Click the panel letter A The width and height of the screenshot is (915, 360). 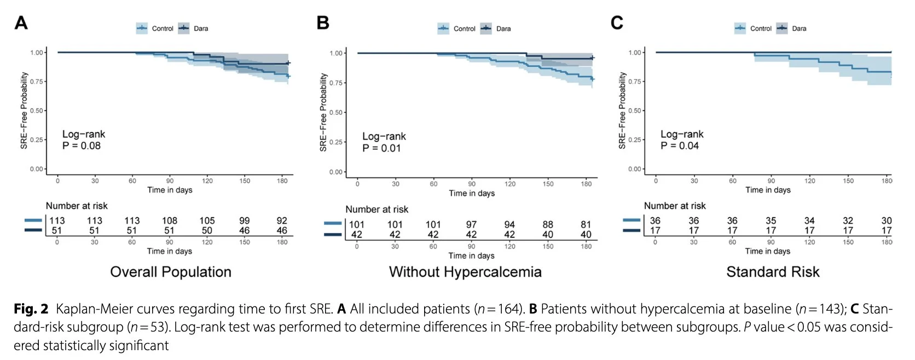click(21, 23)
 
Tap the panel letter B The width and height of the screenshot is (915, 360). click(323, 23)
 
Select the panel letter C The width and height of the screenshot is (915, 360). click(617, 23)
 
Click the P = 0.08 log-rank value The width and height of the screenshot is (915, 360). click(82, 146)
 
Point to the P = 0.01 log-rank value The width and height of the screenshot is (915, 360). click(381, 148)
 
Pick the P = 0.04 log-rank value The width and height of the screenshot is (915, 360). click(680, 146)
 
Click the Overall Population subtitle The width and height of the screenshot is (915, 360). click(171, 272)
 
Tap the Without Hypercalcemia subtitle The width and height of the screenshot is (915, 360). click(465, 272)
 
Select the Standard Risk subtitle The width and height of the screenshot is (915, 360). click(773, 272)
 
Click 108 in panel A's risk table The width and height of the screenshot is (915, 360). click(170, 220)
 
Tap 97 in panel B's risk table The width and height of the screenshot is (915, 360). click(471, 224)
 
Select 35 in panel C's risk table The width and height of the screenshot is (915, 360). click(771, 220)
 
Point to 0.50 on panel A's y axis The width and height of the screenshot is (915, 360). click(37, 111)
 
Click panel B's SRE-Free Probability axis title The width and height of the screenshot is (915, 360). click(323, 112)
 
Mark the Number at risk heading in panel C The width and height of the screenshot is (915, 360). click(675, 206)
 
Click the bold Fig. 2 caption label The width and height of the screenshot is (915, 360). click(31, 309)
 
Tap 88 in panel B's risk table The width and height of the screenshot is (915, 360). click(548, 224)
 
